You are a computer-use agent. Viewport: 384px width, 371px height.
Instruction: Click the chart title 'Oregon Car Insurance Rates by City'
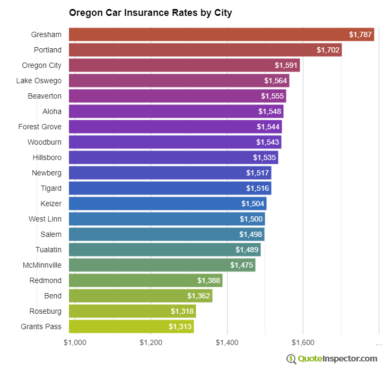tap(150, 12)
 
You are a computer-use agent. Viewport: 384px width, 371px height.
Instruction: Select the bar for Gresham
tap(221, 34)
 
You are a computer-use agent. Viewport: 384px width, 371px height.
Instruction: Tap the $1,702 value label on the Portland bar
tap(328, 50)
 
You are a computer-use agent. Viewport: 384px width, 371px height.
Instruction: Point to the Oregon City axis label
tap(41, 65)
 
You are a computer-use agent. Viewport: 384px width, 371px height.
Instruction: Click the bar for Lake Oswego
tap(179, 81)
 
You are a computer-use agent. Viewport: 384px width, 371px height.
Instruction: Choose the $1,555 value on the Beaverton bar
tap(272, 96)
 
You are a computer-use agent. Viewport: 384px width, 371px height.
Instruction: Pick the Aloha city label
tap(52, 111)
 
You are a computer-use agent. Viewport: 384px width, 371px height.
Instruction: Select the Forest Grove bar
tap(175, 127)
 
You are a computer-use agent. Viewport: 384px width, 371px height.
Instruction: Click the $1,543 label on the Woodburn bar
tap(267, 142)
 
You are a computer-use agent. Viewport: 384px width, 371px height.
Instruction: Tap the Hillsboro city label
tap(47, 157)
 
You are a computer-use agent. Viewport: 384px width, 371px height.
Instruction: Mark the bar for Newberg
tap(170, 173)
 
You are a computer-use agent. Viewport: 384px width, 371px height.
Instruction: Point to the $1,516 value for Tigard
tap(257, 188)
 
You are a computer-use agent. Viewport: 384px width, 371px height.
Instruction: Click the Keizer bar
tap(168, 204)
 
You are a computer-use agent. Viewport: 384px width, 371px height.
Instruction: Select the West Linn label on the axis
tap(45, 219)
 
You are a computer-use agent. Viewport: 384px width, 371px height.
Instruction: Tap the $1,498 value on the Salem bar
tap(250, 234)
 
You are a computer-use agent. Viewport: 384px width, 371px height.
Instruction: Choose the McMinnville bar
tap(162, 265)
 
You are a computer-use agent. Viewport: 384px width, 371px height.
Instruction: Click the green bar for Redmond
tap(145, 280)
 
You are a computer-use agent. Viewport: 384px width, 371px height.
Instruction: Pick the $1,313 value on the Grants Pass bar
tap(180, 326)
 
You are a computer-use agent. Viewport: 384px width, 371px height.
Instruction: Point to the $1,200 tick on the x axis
tap(152, 342)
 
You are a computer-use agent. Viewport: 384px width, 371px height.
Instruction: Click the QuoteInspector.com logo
tap(332, 359)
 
